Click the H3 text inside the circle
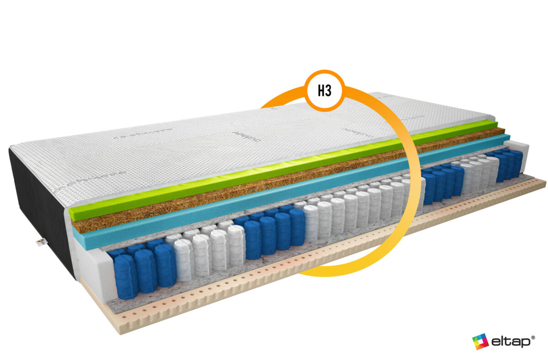324,91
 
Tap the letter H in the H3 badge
321,91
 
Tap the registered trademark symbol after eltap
533,335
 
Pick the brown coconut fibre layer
228,192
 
